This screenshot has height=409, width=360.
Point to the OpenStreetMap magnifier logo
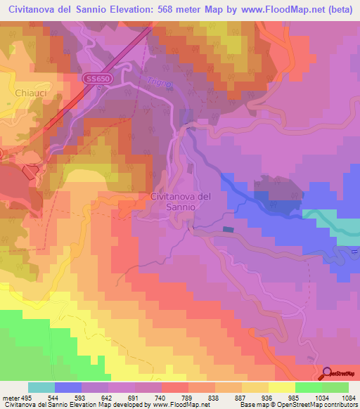pos(328,372)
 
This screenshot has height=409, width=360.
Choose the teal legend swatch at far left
pos(41,387)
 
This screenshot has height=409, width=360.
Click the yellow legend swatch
pos(281,387)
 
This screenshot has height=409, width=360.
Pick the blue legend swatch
pos(68,387)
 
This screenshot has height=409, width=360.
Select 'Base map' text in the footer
pos(255,405)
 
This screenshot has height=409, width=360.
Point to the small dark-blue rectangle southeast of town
pos(227,229)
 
